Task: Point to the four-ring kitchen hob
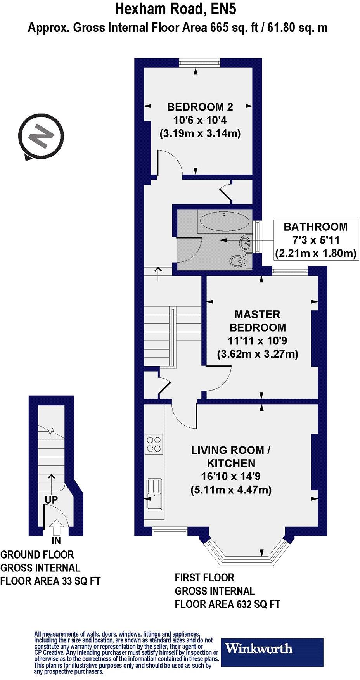[154, 444]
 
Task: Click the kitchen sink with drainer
[154, 495]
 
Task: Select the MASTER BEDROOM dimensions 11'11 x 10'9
[257, 341]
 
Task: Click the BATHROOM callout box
[315, 240]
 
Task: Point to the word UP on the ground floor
[51, 500]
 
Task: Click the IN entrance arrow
[57, 528]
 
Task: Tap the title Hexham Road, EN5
[175, 9]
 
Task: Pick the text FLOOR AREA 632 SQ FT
[227, 604]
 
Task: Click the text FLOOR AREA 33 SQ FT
[50, 581]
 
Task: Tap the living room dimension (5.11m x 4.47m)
[231, 490]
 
